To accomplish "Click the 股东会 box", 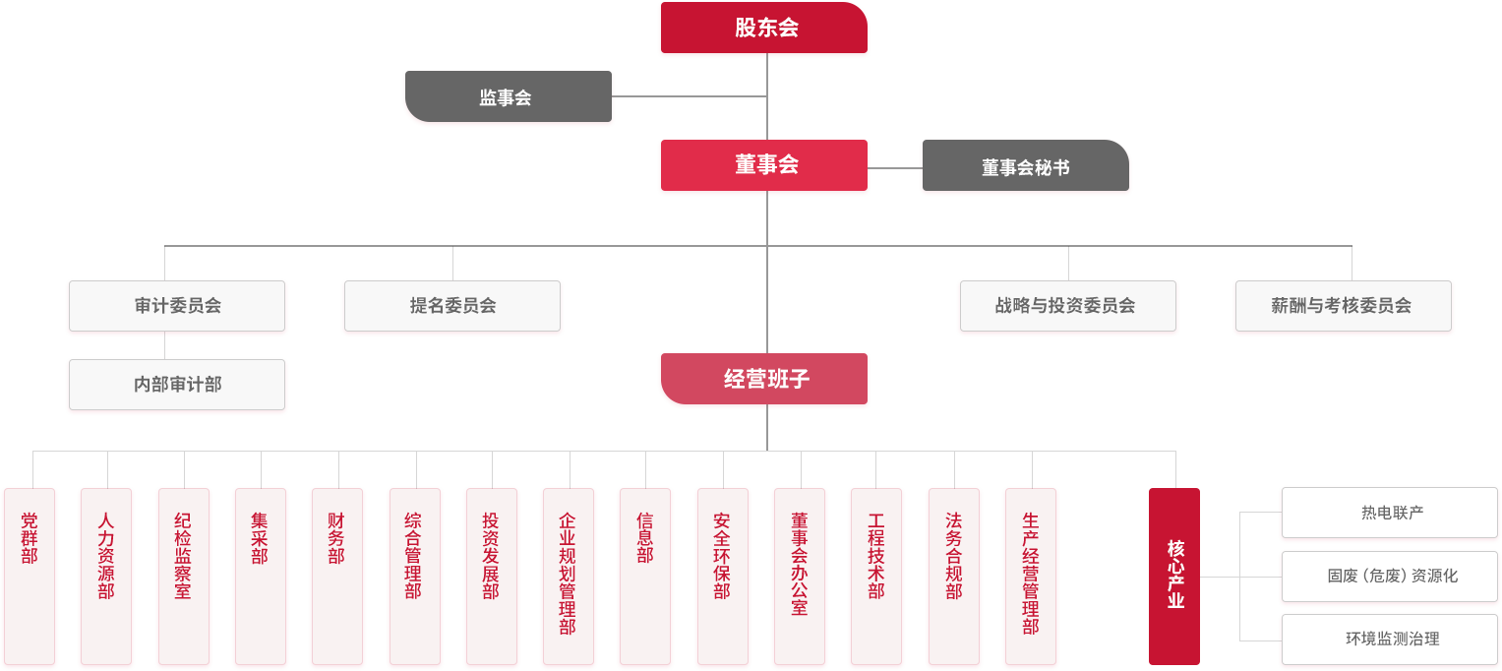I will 764,29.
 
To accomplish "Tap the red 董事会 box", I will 764,165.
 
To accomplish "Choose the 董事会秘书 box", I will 1025,167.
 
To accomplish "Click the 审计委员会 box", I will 178,306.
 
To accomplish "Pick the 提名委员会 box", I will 452,306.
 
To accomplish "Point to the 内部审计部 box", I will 178,384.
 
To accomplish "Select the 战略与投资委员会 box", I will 1066,306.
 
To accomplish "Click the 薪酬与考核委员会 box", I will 1343,306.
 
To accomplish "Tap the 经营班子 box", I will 764,379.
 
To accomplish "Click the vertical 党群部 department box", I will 30,576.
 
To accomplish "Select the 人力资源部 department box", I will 106,576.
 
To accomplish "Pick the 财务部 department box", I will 337,576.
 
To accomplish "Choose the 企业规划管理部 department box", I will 569,576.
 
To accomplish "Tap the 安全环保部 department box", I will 723,576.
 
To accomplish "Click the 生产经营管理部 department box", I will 1031,576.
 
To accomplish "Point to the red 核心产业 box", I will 1174,576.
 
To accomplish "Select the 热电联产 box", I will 1390,513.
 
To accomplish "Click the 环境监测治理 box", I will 1390,640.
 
